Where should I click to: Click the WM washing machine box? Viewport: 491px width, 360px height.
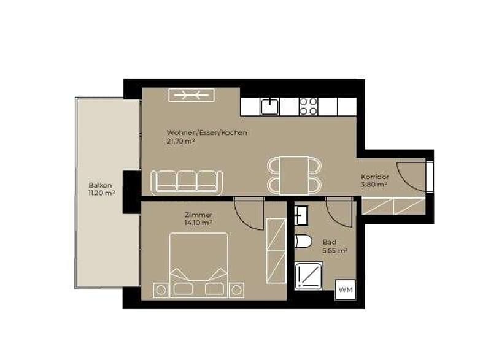pyautogui.click(x=346, y=289)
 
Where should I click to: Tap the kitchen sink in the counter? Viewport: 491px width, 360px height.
pyautogui.click(x=269, y=106)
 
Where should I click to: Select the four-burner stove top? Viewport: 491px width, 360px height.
pyautogui.click(x=309, y=106)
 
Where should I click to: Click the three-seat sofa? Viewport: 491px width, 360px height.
pyautogui.click(x=187, y=182)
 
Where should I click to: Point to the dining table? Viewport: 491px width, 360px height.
pyautogui.click(x=295, y=175)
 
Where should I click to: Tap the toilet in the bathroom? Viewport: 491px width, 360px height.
pyautogui.click(x=303, y=242)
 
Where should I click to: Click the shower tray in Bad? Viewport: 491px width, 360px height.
pyautogui.click(x=309, y=275)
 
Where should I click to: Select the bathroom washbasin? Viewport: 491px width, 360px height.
pyautogui.click(x=301, y=215)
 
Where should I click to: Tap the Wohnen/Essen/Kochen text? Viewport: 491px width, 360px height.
pyautogui.click(x=207, y=132)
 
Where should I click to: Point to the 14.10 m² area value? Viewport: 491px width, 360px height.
pyautogui.click(x=198, y=223)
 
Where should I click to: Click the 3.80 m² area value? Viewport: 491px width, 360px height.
pyautogui.click(x=374, y=185)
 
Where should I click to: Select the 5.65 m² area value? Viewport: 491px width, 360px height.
pyautogui.click(x=334, y=251)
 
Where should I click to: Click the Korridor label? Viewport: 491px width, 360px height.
pyautogui.click(x=374, y=177)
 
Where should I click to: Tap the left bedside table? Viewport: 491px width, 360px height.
pyautogui.click(x=161, y=290)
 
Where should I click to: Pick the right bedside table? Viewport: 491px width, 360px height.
pyautogui.click(x=236, y=290)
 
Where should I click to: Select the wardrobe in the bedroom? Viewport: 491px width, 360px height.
pyautogui.click(x=276, y=251)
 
